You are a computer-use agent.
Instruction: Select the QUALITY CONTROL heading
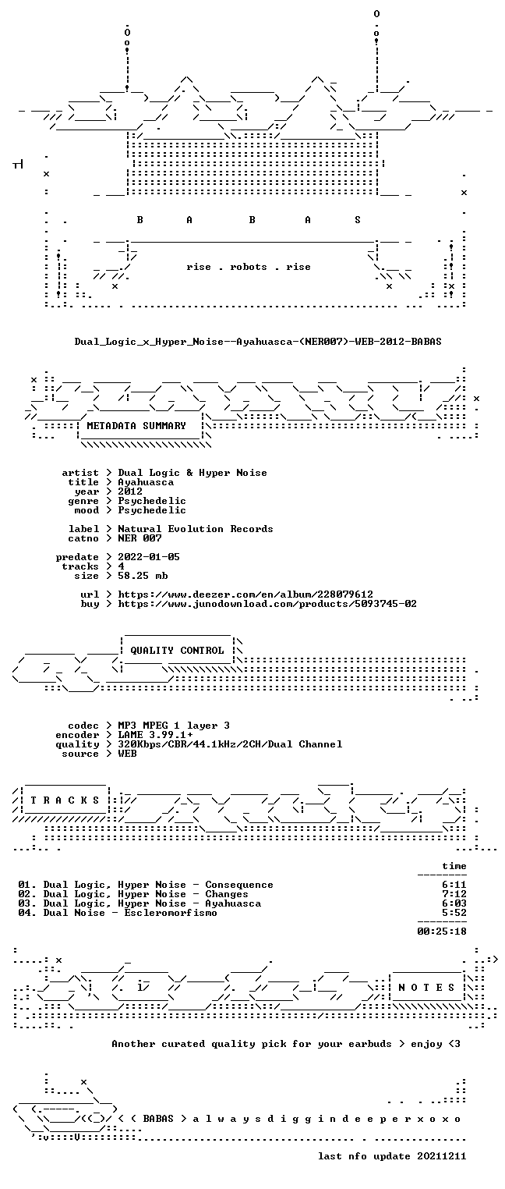tap(177, 651)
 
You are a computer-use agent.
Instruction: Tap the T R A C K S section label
tap(65, 800)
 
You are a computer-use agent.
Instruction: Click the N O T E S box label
tap(426, 987)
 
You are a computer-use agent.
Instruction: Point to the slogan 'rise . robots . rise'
tap(249, 267)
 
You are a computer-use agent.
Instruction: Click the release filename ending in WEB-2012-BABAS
tap(258, 342)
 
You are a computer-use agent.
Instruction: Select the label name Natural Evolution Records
tap(195, 529)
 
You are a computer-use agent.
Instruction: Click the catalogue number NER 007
tap(139, 538)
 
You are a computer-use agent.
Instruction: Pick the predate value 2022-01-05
tap(149, 557)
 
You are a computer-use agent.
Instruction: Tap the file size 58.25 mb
tap(143, 576)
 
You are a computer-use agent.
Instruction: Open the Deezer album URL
tap(245, 594)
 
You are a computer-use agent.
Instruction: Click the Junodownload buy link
tap(267, 604)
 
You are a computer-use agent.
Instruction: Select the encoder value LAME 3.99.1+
tap(155, 735)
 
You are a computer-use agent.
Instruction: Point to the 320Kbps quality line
tap(230, 744)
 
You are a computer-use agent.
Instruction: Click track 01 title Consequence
tap(238, 885)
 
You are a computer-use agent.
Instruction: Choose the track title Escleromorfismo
tap(170, 913)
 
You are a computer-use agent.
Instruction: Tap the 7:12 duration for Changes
tap(454, 894)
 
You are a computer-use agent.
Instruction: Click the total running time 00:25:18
tap(442, 932)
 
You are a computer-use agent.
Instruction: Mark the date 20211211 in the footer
tap(442, 1156)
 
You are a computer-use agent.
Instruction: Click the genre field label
tap(83, 501)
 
